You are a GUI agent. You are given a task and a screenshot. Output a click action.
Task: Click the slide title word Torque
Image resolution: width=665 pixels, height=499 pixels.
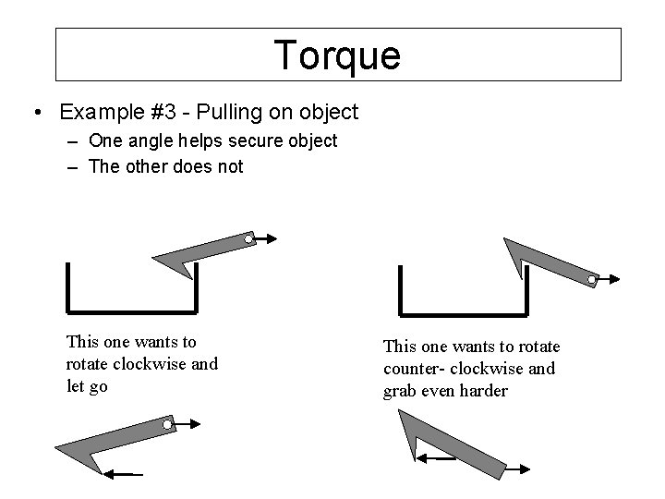[x=337, y=55]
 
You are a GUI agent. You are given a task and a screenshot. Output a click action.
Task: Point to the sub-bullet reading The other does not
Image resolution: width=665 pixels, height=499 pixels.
[x=166, y=166]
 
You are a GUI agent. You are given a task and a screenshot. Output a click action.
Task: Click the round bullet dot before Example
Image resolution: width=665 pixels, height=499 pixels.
[x=35, y=113]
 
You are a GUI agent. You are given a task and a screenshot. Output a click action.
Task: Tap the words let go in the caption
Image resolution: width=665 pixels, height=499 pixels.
[x=87, y=385]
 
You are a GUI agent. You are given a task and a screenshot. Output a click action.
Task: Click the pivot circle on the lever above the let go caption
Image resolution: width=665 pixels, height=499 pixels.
[x=248, y=240]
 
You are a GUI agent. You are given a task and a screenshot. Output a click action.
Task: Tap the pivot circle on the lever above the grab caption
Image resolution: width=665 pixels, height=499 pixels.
[x=591, y=278]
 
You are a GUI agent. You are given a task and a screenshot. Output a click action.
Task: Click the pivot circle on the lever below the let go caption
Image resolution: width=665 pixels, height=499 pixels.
[x=167, y=425]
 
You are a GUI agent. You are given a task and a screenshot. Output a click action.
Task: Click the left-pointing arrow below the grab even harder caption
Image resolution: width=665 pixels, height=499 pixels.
[x=435, y=458]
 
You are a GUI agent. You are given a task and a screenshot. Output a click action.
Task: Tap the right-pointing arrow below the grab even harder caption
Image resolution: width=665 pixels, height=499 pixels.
[x=521, y=469]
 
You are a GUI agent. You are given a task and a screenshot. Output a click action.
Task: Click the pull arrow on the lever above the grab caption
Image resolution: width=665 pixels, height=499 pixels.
[x=609, y=278]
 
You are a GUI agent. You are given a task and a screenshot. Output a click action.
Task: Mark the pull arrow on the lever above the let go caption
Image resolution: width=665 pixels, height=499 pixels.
[x=265, y=240]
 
